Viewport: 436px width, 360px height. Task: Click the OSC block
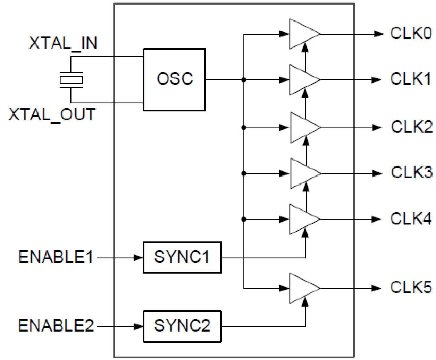pyautogui.click(x=174, y=79)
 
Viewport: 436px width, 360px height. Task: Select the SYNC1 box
pyautogui.click(x=182, y=257)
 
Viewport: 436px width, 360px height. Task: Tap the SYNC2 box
pyautogui.click(x=182, y=326)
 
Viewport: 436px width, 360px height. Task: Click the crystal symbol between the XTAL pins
pyautogui.click(x=71, y=80)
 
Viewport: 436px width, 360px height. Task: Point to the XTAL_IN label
pyautogui.click(x=63, y=44)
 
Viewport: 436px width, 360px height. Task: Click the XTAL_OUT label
pyautogui.click(x=52, y=114)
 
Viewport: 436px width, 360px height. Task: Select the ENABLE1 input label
pyautogui.click(x=56, y=257)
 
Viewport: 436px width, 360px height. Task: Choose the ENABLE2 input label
pyautogui.click(x=56, y=326)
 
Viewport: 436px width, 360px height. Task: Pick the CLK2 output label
pyautogui.click(x=412, y=127)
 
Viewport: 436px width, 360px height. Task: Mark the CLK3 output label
pyautogui.click(x=412, y=172)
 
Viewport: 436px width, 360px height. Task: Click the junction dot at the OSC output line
pyautogui.click(x=244, y=80)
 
